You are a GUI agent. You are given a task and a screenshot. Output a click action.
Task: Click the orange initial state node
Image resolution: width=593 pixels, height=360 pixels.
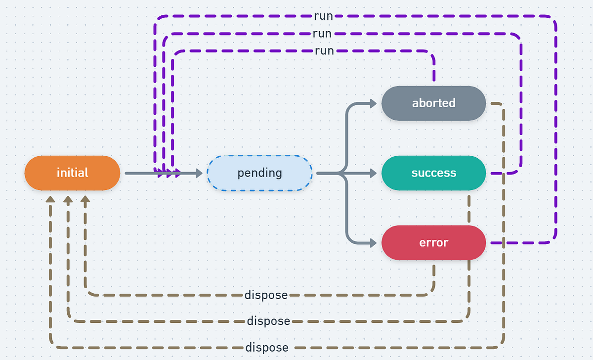pyautogui.click(x=72, y=173)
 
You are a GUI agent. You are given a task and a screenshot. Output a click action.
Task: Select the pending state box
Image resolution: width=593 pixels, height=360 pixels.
pyautogui.click(x=259, y=173)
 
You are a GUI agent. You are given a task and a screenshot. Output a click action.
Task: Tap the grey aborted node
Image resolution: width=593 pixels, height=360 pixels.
pyautogui.click(x=433, y=103)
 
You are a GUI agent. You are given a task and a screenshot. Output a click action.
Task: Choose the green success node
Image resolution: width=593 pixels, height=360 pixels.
pyautogui.click(x=433, y=173)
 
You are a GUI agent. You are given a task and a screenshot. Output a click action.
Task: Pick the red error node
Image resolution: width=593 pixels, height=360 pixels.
pyautogui.click(x=433, y=243)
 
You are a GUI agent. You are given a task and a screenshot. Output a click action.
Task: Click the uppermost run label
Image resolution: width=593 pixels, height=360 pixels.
pyautogui.click(x=323, y=16)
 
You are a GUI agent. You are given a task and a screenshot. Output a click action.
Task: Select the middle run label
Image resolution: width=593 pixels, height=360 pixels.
pyautogui.click(x=322, y=34)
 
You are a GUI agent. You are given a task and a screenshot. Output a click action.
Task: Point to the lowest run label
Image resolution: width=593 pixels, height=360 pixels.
pyautogui.click(x=324, y=50)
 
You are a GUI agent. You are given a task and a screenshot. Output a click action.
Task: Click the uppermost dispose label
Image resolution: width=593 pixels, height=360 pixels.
pyautogui.click(x=266, y=295)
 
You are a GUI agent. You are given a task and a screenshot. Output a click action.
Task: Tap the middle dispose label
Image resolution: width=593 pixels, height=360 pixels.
pyautogui.click(x=268, y=321)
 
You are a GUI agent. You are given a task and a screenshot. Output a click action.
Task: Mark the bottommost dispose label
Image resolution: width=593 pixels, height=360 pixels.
pyautogui.click(x=267, y=347)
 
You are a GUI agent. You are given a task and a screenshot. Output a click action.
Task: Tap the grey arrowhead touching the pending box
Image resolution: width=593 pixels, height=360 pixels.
pyautogui.click(x=199, y=173)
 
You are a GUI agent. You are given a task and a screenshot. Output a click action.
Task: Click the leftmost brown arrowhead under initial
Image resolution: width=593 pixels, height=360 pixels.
pyautogui.click(x=50, y=199)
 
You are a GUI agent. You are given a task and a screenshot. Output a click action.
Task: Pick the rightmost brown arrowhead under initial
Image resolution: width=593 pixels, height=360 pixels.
pyautogui.click(x=85, y=199)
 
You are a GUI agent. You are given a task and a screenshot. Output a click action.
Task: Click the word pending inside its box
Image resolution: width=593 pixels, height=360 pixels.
pyautogui.click(x=259, y=173)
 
